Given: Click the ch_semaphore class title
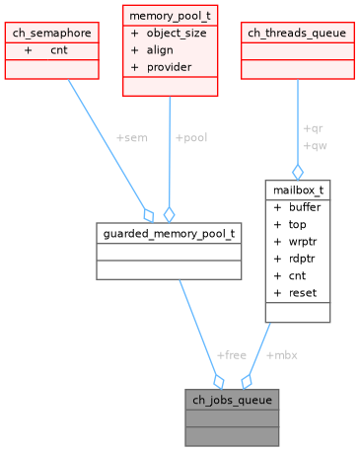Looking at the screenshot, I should tap(51, 33).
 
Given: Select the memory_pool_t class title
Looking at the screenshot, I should tap(170, 16).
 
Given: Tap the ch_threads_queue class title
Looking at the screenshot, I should tap(297, 33).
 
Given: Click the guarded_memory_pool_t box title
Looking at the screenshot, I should tap(169, 233).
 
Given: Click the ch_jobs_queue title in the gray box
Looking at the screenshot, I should tap(232, 400).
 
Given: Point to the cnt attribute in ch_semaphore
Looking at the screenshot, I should tap(59, 49).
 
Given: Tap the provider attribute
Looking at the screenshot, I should tap(169, 66).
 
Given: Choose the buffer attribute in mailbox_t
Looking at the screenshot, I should tap(304, 207).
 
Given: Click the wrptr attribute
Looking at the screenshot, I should tap(303, 241).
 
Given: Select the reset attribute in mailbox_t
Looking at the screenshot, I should tap(303, 292).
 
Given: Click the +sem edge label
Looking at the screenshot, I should tap(131, 137).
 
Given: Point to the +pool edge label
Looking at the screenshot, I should tap(191, 137).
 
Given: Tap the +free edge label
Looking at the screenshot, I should tap(231, 354).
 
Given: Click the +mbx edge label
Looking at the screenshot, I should tap(281, 354).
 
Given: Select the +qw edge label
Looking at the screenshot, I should tap(314, 146).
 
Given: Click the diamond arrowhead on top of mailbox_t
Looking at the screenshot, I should tap(297, 172).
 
